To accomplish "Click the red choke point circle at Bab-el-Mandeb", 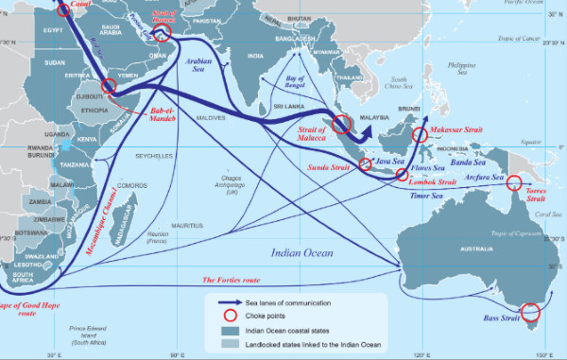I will pos(109,86).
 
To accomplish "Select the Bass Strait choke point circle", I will pos(530,312).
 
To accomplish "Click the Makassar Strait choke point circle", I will pos(421,134).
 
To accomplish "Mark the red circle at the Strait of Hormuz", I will pos(161,34).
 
